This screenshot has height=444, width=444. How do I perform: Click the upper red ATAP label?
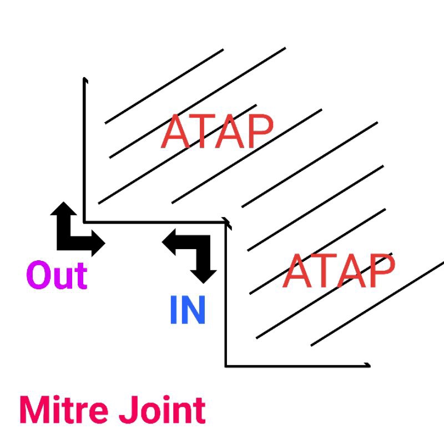click(217, 132)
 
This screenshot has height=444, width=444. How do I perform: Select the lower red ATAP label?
click(338, 271)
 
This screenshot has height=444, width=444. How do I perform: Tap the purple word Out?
click(57, 275)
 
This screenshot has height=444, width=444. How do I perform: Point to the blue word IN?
click(188, 310)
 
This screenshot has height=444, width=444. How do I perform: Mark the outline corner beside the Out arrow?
click(84, 221)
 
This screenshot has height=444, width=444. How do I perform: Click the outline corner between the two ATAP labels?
click(226, 223)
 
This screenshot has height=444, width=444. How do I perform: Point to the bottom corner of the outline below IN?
click(226, 365)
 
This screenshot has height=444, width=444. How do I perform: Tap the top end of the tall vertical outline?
click(84, 79)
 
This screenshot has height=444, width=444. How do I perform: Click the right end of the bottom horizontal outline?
click(368, 365)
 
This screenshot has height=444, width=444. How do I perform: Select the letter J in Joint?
click(126, 411)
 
